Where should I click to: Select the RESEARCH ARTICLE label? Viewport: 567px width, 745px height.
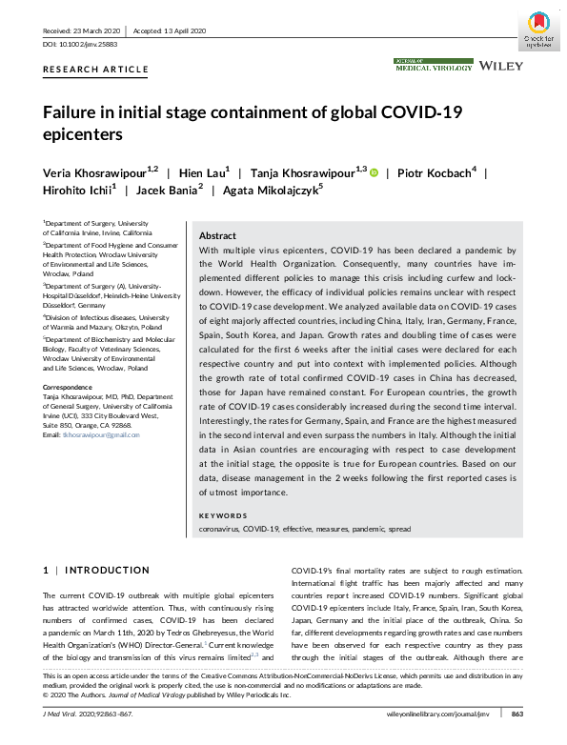[95, 70]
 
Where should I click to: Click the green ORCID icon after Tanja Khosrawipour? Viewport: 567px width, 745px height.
[374, 172]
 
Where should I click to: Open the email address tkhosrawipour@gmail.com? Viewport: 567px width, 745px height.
[106, 434]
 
